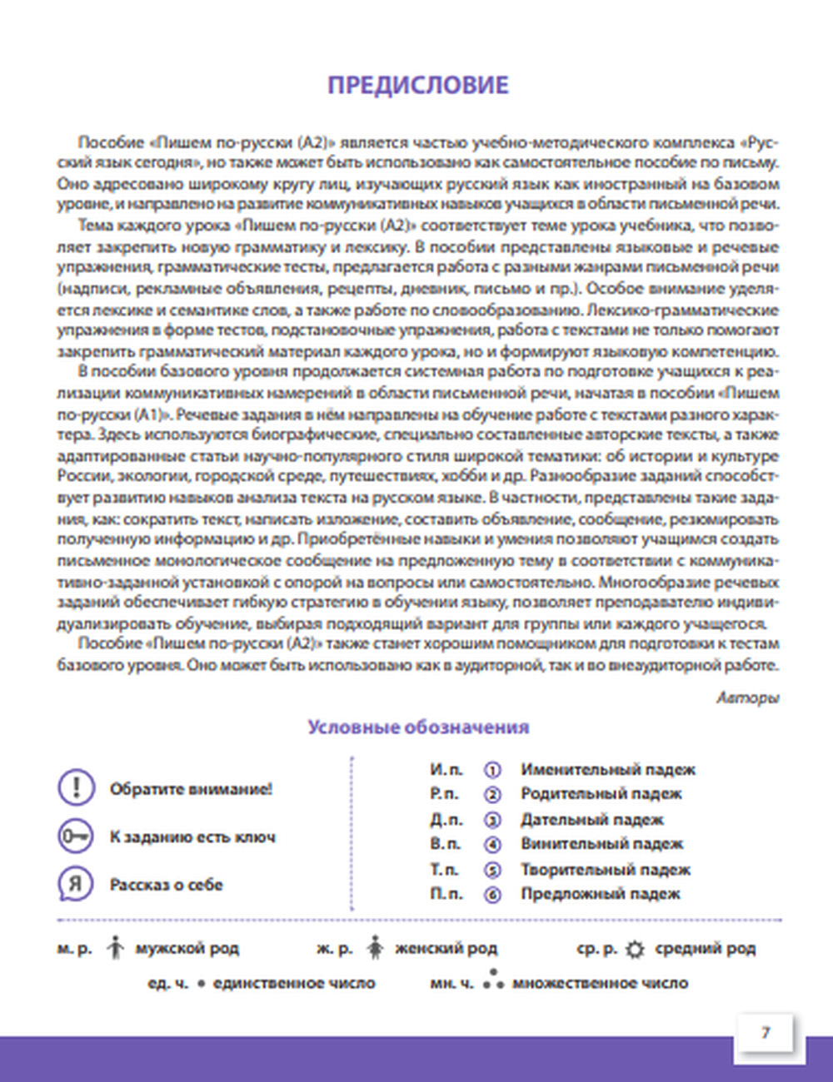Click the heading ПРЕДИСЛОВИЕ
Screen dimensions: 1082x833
(417, 85)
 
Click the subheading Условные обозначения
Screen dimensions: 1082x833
(418, 727)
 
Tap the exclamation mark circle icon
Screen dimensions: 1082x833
(76, 787)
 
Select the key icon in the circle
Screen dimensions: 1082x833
(76, 836)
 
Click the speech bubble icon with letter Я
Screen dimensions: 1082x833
(76, 884)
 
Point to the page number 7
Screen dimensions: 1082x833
(766, 1033)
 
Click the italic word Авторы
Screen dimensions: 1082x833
(747, 697)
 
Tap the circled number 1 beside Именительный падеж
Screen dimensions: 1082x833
(492, 770)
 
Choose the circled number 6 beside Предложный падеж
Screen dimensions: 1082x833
(492, 895)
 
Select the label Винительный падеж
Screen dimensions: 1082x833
(601, 844)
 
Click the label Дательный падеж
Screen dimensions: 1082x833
(591, 820)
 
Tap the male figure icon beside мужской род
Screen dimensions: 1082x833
(115, 947)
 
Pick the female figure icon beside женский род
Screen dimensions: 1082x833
(375, 947)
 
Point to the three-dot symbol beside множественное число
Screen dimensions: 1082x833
(494, 980)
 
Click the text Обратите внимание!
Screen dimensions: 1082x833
(191, 789)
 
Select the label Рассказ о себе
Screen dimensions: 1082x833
(166, 885)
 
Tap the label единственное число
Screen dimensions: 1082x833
(293, 983)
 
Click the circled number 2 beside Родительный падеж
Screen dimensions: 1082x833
(492, 795)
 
